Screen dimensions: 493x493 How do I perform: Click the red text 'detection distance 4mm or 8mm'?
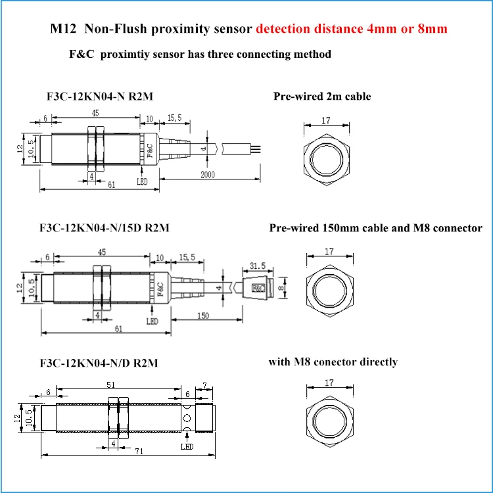click(x=353, y=30)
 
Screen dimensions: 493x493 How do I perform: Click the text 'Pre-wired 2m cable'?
click(x=322, y=97)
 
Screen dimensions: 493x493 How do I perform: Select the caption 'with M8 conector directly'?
click(x=333, y=362)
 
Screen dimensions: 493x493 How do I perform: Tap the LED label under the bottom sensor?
click(x=187, y=447)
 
